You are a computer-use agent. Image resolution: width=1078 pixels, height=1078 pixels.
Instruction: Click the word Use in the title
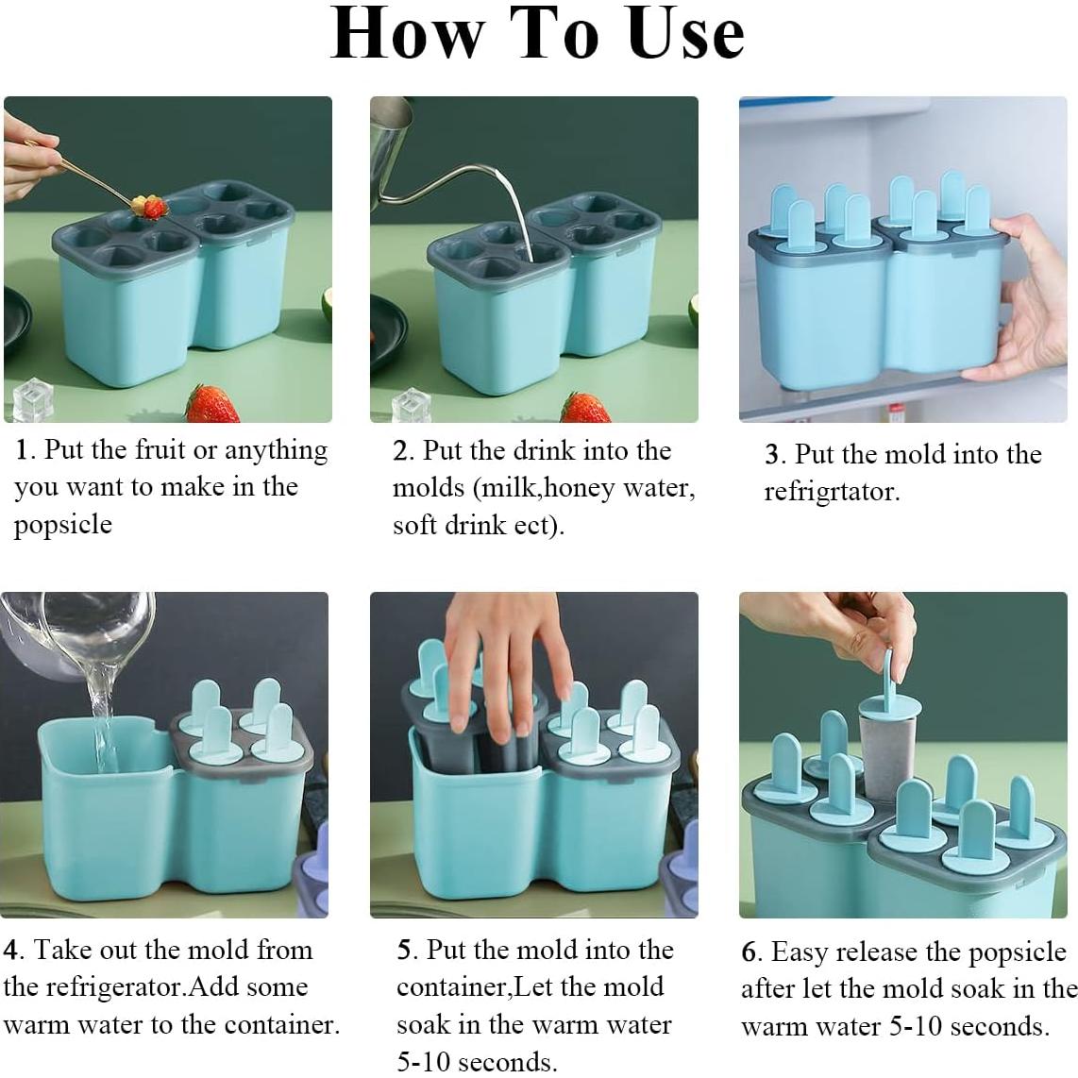pos(685,33)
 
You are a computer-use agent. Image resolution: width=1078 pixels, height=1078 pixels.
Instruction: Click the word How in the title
pos(408,33)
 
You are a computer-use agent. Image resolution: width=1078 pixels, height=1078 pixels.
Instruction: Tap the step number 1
pos(22,450)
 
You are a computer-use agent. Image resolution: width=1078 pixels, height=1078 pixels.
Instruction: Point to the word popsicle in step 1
pos(62,525)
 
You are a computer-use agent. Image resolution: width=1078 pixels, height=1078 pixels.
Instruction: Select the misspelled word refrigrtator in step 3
pos(832,492)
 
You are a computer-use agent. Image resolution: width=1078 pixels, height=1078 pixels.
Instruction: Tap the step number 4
pos(10,951)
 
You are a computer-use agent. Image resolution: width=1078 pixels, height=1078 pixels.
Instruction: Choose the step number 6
pos(750,952)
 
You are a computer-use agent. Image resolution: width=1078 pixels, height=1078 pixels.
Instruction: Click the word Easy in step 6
pos(799,953)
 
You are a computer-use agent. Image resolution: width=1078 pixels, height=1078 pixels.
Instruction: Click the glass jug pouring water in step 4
pos(76,632)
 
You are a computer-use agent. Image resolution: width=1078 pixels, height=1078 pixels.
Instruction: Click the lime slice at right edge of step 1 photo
pos(327,307)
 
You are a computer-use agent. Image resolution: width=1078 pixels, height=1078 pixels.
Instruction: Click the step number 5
pos(405,951)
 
